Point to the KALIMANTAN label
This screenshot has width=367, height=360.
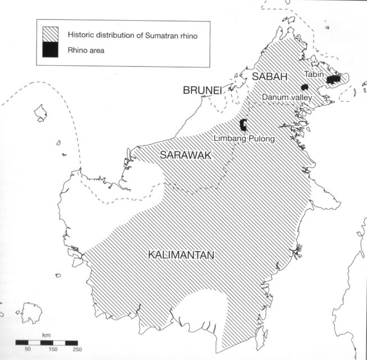click(x=181, y=255)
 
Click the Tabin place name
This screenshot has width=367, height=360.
click(x=314, y=74)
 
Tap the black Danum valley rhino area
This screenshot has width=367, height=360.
click(x=305, y=87)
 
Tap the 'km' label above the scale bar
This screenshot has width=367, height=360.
click(x=46, y=336)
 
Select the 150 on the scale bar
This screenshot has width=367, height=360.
click(x=53, y=349)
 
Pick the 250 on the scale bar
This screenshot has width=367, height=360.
click(x=77, y=349)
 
